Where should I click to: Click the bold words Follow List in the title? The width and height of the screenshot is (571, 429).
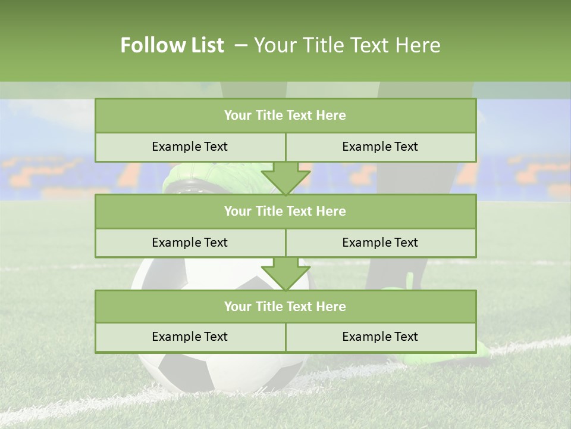click(x=172, y=45)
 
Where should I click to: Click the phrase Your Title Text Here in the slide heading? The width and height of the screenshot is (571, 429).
click(x=347, y=45)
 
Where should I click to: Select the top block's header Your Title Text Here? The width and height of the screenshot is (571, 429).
click(x=285, y=116)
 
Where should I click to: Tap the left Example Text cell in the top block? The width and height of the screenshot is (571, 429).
click(x=190, y=147)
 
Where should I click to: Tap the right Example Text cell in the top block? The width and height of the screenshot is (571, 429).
click(x=380, y=147)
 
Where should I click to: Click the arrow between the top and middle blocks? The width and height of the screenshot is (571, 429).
click(x=285, y=178)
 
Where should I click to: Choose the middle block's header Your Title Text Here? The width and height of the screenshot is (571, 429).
click(x=285, y=212)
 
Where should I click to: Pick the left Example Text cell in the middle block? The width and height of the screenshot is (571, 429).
click(x=190, y=243)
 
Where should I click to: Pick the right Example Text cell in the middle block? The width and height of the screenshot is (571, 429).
click(x=380, y=243)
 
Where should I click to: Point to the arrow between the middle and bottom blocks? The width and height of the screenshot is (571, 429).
click(x=285, y=274)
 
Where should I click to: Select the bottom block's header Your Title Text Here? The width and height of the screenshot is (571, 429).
click(x=285, y=307)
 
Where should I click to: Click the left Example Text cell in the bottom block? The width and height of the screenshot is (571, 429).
click(x=190, y=337)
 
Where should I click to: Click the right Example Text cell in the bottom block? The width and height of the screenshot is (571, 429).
click(x=380, y=337)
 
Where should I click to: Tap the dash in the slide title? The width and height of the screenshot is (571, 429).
click(x=241, y=45)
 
